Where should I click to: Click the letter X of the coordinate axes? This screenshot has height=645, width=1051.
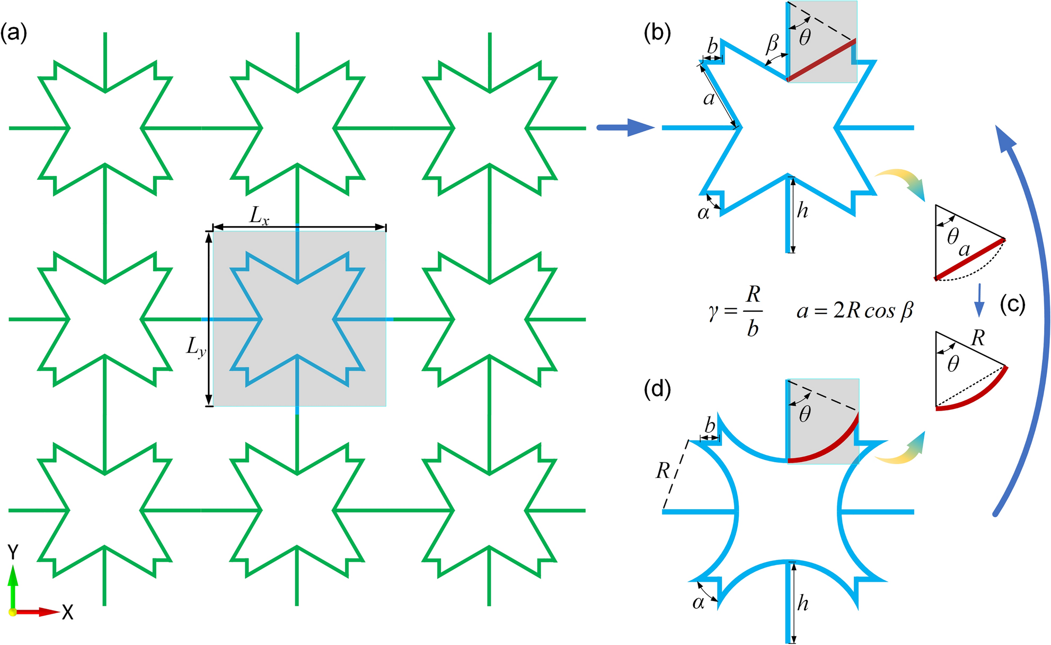pos(67,613)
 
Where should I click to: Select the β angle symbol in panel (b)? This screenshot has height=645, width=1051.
pos(773,44)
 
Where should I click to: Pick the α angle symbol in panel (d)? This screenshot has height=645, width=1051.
pos(699,603)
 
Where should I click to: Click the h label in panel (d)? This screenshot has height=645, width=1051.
pos(803,603)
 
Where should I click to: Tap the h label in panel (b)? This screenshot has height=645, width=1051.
pos(803,211)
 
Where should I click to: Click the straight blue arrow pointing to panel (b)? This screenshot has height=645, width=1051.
pos(625,128)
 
